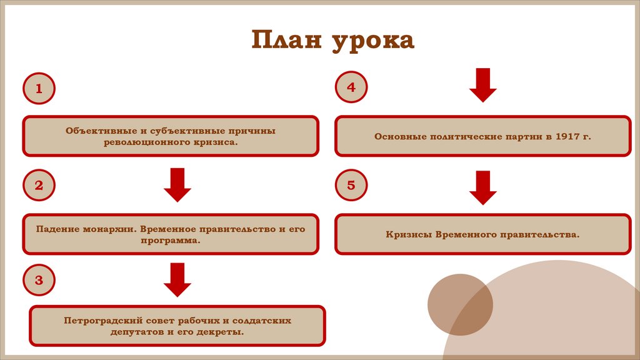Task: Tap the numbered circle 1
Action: click(39, 89)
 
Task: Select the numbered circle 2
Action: click(39, 186)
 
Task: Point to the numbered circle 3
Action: click(39, 280)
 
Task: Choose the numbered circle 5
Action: click(351, 185)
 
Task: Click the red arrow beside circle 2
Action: click(177, 184)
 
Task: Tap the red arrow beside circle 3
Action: click(177, 279)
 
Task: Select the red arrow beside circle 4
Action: click(483, 85)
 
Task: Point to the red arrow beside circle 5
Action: click(483, 187)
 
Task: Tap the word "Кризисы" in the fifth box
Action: click(407, 234)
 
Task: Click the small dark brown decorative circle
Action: click(460, 304)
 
